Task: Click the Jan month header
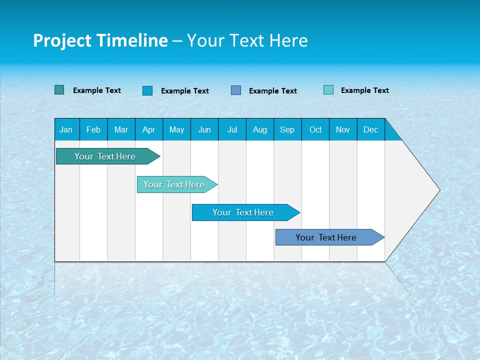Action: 66,129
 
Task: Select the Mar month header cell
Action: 121,129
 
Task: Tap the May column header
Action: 176,129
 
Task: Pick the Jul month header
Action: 232,129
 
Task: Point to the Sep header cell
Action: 287,129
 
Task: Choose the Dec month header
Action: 370,129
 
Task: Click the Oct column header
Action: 315,129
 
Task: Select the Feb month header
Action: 93,129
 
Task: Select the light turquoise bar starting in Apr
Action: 174,184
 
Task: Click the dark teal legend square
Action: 59,90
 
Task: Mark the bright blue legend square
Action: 147,90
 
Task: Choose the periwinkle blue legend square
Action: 236,90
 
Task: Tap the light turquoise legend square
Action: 328,90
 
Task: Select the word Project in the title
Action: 62,40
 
